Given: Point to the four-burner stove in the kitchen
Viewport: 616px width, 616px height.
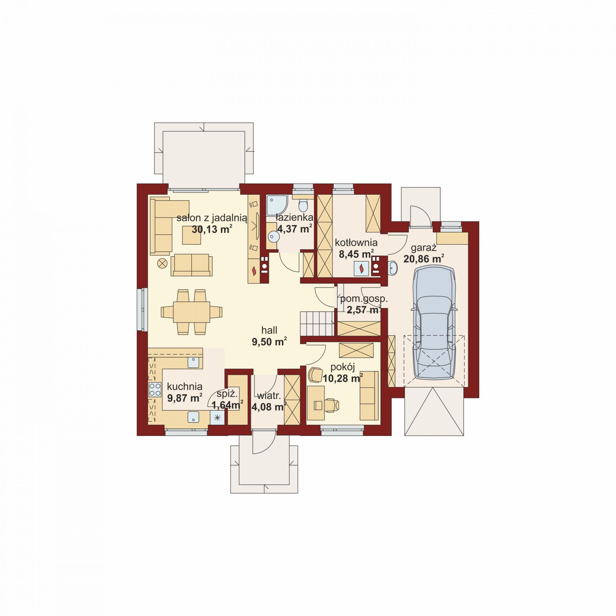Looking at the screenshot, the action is [x=155, y=389].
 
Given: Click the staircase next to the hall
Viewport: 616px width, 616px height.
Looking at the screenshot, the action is [x=318, y=323].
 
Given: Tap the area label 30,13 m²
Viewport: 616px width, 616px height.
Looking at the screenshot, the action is [x=212, y=230].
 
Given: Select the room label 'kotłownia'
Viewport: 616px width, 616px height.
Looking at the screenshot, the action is [x=356, y=243].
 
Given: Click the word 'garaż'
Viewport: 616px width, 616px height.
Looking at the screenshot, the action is [x=423, y=248].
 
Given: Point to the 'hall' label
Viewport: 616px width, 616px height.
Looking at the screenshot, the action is [x=269, y=330].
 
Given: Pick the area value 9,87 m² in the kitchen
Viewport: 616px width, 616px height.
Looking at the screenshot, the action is [x=185, y=398].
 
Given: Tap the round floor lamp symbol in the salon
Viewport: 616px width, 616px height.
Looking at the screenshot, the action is [x=162, y=263].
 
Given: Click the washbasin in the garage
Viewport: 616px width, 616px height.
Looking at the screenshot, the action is [x=393, y=268].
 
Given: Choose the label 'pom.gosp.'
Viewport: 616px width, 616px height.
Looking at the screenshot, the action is [x=364, y=299].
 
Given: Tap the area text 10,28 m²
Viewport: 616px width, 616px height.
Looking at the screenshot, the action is [x=343, y=378].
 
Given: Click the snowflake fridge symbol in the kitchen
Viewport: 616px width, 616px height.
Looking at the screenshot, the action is [x=217, y=418].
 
